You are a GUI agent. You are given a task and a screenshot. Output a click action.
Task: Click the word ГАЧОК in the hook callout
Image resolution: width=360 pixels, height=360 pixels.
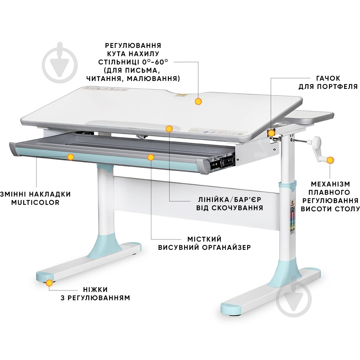[328, 78]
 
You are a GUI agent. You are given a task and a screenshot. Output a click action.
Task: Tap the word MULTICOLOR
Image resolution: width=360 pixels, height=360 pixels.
[35, 202]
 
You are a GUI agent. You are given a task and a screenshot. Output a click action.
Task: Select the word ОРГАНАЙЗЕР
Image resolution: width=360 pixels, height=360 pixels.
[226, 248]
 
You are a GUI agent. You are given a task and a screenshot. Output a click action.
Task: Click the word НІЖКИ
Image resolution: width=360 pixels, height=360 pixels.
[95, 289]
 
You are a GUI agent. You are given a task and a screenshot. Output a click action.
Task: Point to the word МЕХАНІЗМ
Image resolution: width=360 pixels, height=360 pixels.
[330, 184]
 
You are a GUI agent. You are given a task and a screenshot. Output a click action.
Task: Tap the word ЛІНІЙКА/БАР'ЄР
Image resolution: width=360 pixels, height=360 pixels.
[229, 199]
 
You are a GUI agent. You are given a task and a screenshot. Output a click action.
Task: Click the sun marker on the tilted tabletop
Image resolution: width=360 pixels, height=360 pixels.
[198, 101]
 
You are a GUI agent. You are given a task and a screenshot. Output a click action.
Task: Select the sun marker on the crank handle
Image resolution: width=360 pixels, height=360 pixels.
[330, 160]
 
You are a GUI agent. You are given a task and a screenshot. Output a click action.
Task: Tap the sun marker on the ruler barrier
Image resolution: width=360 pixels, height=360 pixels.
[169, 129]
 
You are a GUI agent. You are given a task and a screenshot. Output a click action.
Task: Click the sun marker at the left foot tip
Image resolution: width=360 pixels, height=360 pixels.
[49, 283]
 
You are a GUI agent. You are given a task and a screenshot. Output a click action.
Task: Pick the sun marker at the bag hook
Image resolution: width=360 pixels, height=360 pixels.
[271, 133]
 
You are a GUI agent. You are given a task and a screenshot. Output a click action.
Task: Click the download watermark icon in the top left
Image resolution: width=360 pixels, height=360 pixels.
[60, 63]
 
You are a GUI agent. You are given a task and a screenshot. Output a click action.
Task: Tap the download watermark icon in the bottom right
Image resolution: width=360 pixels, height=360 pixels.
[294, 298]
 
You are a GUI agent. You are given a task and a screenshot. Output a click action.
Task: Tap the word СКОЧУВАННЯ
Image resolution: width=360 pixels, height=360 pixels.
[237, 208]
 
